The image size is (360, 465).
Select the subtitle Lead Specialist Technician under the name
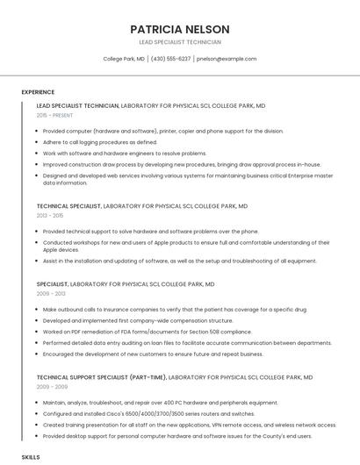point(180,42)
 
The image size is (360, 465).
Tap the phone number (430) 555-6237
point(170,59)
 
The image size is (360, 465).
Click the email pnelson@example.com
point(227,59)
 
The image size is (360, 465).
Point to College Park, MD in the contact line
point(124,59)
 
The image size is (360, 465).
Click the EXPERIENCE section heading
point(38,91)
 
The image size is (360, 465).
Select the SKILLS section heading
point(31,457)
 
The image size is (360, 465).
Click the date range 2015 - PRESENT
point(54,115)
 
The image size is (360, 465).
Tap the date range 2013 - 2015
point(50,215)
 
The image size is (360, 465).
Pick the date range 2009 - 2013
point(50,294)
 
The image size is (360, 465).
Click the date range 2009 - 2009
point(50,386)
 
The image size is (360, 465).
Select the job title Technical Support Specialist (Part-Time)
point(100,376)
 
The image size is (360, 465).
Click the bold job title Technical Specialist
point(68,205)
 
